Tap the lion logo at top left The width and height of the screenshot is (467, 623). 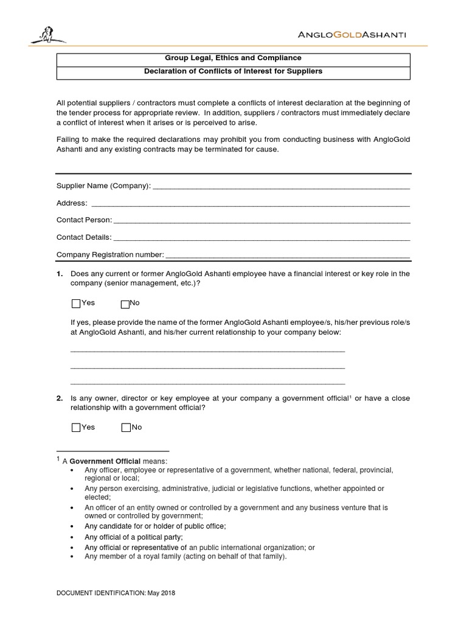tap(46, 36)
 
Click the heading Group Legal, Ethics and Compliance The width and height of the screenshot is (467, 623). tap(233, 58)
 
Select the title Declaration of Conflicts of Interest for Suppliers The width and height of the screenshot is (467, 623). tap(233, 71)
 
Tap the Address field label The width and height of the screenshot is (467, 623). tap(72, 203)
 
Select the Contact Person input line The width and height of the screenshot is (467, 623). tap(261, 220)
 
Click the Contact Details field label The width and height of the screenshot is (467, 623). tap(84, 237)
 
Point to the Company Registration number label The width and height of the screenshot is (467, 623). tap(110, 254)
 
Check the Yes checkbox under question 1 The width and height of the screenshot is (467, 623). tap(76, 304)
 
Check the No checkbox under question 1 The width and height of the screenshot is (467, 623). tap(125, 304)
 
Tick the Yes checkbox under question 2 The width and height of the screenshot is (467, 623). tap(76, 428)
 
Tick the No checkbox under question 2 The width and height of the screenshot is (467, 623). tap(126, 428)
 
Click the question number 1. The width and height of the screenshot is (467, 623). tap(60, 274)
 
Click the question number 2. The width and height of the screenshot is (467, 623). tap(60, 399)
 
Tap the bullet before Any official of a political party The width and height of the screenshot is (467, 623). tap(73, 538)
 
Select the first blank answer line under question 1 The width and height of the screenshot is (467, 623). tap(208, 350)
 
